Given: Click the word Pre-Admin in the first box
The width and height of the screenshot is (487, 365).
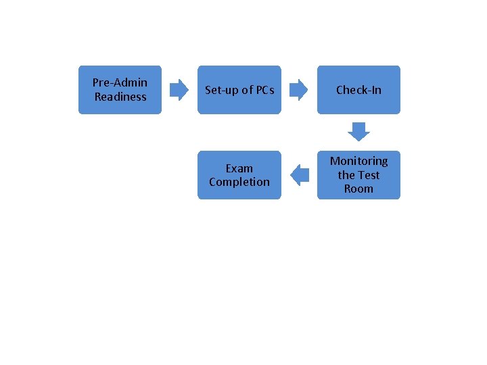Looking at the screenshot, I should point(120,82).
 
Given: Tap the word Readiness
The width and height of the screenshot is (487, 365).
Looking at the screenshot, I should point(120,97).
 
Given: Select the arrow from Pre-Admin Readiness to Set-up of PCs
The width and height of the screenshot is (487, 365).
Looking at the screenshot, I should point(179,89).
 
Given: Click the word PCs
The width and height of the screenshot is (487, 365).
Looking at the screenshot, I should point(265,90).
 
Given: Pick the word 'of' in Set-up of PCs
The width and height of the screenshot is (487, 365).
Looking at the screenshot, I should point(247,90).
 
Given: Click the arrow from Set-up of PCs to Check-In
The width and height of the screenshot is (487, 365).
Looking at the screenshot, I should point(298,89).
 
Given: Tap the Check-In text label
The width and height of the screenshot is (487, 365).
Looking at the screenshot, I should point(358,90).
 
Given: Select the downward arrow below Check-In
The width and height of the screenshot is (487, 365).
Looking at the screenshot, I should point(358,131).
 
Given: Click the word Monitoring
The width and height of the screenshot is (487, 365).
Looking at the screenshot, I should point(358,161).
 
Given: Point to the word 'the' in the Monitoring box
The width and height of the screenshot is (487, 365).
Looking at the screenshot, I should point(346,175).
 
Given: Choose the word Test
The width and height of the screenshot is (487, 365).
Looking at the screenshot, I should point(368,175).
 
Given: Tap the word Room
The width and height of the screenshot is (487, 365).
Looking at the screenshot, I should point(358,189).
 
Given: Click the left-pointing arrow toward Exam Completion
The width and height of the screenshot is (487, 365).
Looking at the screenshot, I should point(299,175).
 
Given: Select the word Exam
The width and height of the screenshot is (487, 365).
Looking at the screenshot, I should point(239,168).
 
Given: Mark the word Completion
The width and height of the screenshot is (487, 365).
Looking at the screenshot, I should point(239,182).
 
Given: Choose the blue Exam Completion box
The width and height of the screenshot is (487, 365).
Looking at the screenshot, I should point(239,192).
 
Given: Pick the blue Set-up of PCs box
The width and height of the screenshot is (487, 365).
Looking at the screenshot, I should point(239,105).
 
